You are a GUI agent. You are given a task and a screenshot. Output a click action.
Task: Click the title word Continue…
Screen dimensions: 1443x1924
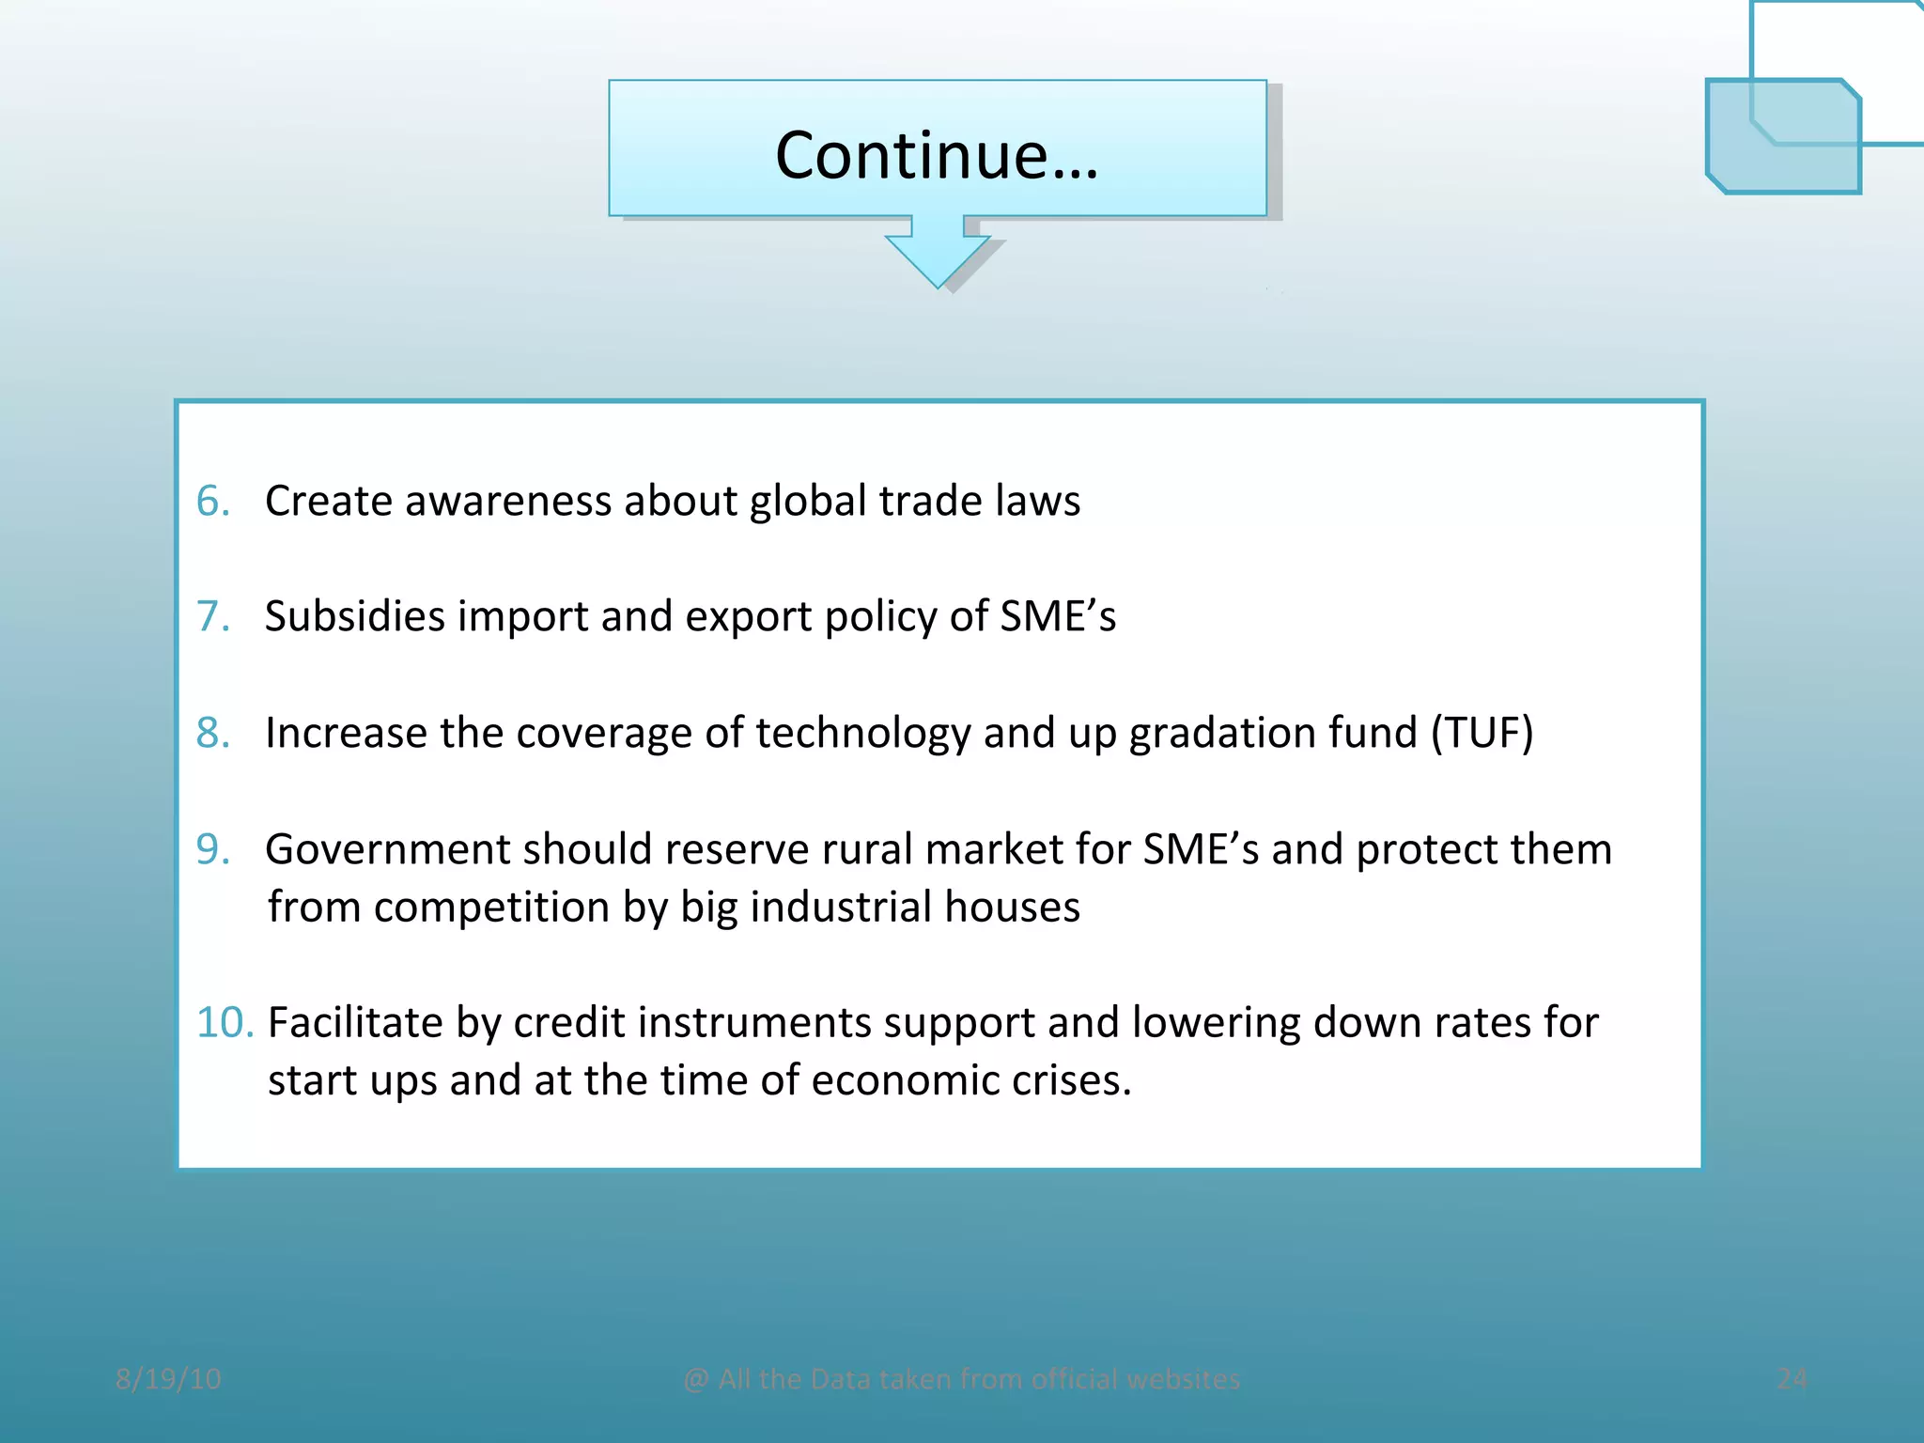(x=937, y=155)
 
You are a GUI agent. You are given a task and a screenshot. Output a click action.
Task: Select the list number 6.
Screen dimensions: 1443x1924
(x=213, y=501)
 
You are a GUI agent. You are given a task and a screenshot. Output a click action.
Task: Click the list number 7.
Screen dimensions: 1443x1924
(x=213, y=616)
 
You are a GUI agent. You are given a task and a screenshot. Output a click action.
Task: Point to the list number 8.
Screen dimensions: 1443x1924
(x=213, y=733)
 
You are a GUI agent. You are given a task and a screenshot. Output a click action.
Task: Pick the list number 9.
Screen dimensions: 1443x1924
(x=213, y=849)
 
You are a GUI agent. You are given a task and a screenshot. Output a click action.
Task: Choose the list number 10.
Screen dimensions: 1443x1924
(x=225, y=1022)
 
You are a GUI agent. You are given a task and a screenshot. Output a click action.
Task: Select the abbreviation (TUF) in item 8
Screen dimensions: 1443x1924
(x=1482, y=733)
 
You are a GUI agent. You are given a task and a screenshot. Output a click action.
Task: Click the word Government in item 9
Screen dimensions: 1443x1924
(x=387, y=849)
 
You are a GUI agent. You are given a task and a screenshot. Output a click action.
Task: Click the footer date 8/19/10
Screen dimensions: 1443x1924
(x=168, y=1379)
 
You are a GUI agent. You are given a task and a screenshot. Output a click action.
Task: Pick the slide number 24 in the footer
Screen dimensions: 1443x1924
(x=1792, y=1379)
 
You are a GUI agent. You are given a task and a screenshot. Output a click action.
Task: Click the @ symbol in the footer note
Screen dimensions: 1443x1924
(x=696, y=1380)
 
